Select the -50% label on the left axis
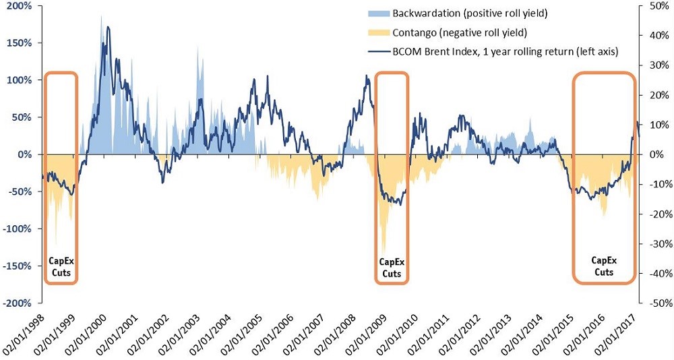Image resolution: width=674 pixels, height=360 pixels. [x=20, y=191]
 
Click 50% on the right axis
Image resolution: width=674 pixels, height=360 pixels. [x=654, y=5]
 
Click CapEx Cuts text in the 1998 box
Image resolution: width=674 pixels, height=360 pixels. [x=61, y=267]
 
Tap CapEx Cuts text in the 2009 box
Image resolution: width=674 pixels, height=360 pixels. [x=391, y=268]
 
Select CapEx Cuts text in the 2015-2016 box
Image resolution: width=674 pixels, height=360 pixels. [x=604, y=266]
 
